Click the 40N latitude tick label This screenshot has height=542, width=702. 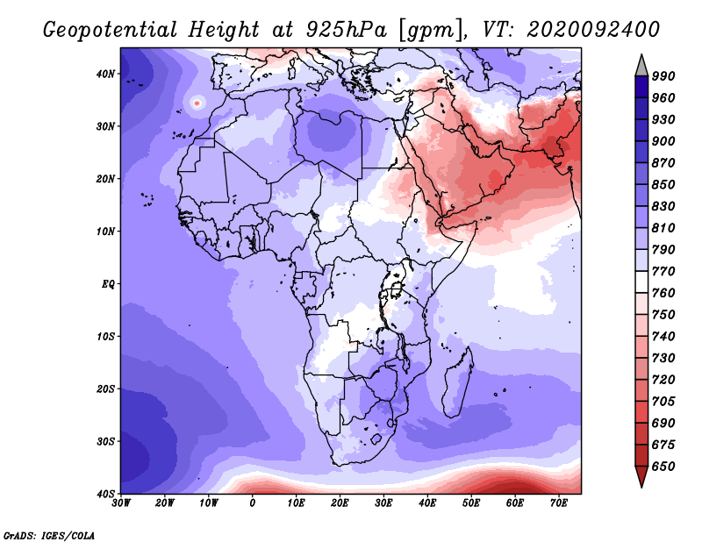tap(105, 74)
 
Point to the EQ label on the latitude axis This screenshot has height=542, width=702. tap(108, 284)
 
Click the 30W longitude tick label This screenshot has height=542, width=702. tap(121, 503)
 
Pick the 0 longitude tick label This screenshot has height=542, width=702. tap(253, 503)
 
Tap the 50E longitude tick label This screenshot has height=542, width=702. tap(471, 503)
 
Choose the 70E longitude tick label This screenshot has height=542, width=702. tap(559, 503)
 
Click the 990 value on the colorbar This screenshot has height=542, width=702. tap(663, 76)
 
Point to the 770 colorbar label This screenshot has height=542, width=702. tap(663, 272)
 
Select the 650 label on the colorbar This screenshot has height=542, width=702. tap(663, 467)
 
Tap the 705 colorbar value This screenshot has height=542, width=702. tap(663, 402)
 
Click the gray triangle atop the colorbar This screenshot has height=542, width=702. tap(641, 67)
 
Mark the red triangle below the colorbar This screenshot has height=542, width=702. tap(641, 475)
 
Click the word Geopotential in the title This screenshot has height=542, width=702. tap(111, 31)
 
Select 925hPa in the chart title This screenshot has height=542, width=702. tap(346, 30)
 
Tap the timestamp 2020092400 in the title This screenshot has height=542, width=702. tap(593, 30)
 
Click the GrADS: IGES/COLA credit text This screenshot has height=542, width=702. tap(49, 536)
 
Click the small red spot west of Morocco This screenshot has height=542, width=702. tap(197, 103)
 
